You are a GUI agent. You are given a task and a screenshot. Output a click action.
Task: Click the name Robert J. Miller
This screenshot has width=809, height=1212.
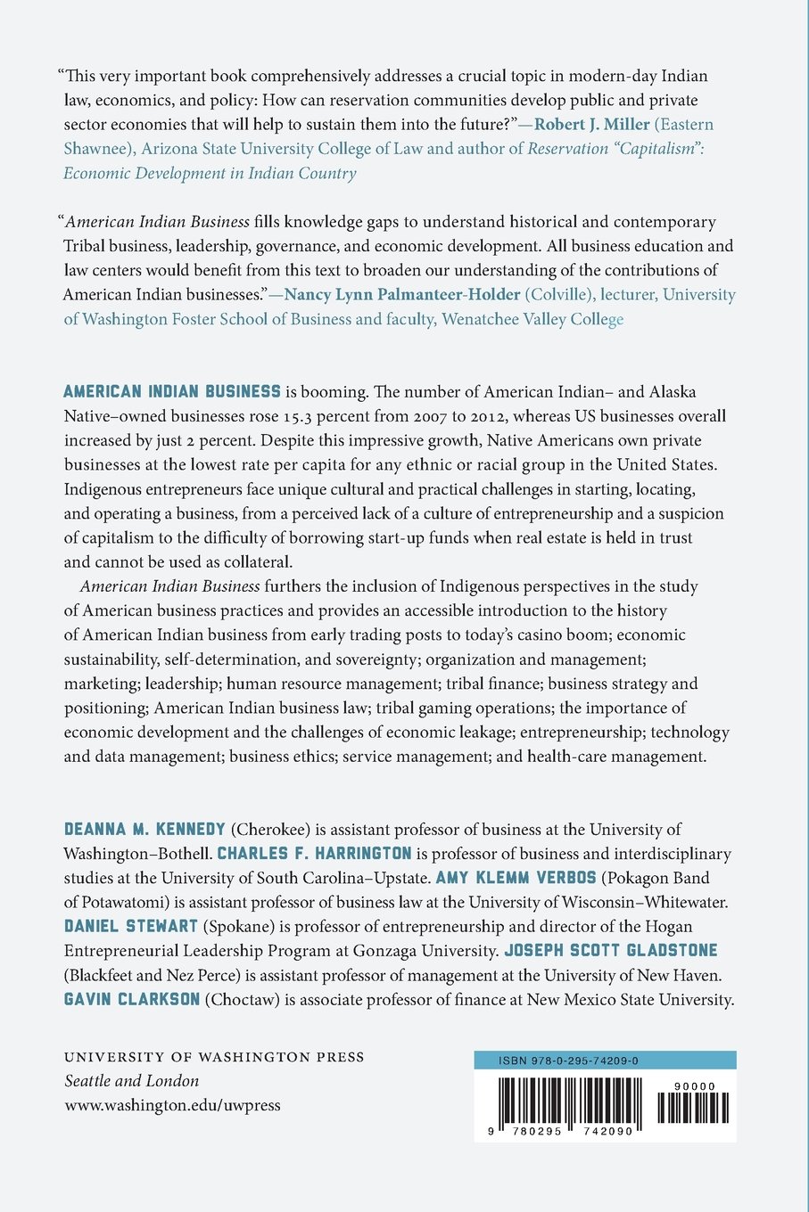[591, 124]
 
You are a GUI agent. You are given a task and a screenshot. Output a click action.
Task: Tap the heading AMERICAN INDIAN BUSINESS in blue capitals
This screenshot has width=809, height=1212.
[172, 391]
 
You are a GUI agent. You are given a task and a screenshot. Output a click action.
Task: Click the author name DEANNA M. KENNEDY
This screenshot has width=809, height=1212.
[144, 829]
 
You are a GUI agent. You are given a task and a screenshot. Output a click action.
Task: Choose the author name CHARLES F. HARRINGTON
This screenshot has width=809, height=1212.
[315, 853]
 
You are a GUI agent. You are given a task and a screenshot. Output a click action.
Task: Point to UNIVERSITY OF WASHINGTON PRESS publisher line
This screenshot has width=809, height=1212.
[214, 1057]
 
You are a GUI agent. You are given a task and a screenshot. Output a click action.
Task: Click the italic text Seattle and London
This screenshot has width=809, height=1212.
[131, 1081]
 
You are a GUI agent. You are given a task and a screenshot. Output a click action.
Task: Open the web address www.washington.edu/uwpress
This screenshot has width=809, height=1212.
[172, 1105]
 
